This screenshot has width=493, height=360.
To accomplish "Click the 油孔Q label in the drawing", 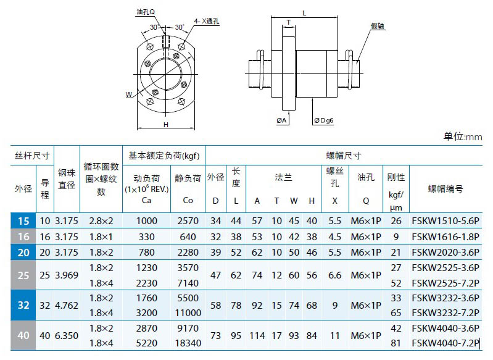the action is pyautogui.click(x=146, y=12).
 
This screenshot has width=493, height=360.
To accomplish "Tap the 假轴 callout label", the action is pyautogui.click(x=378, y=26).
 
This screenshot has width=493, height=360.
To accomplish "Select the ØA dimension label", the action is pyautogui.click(x=282, y=120).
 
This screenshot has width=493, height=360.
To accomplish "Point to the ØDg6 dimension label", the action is pyautogui.click(x=323, y=120).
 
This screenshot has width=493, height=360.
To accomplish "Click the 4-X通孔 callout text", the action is pyautogui.click(x=207, y=22).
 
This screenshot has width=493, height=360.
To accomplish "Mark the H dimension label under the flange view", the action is pyautogui.click(x=166, y=125).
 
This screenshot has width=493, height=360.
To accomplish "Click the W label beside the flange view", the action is pyautogui.click(x=128, y=94).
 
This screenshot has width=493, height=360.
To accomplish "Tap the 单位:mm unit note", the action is pyautogui.click(x=463, y=136).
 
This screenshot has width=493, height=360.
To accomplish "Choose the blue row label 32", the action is pyautogui.click(x=23, y=305).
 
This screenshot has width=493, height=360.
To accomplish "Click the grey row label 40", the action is pyautogui.click(x=23, y=335).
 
